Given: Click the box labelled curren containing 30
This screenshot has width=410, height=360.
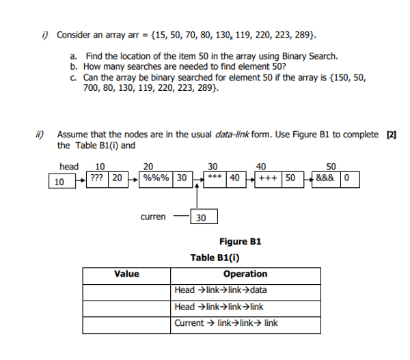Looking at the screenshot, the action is point(202,217).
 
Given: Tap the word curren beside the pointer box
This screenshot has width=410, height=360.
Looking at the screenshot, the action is point(152,217).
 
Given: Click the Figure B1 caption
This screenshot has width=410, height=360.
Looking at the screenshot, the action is point(240,241).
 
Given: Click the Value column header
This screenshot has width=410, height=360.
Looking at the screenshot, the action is point(127,274).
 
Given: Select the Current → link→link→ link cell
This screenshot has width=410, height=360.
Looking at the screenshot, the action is point(226,323).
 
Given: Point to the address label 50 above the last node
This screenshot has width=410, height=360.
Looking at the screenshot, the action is point(331,166).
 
